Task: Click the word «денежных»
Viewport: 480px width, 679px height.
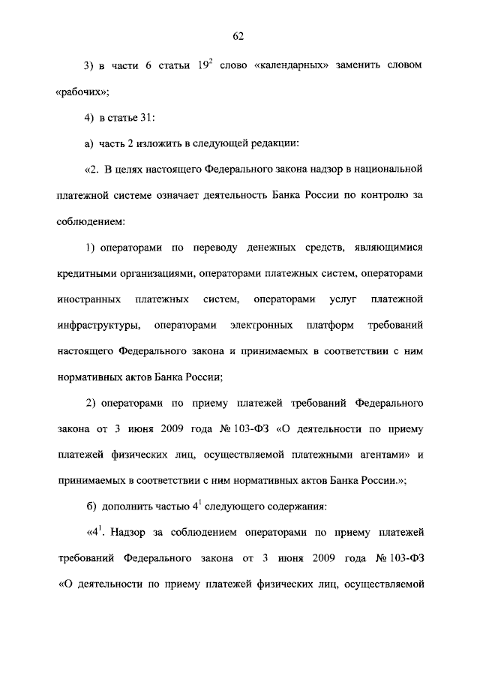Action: click(x=266, y=248)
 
